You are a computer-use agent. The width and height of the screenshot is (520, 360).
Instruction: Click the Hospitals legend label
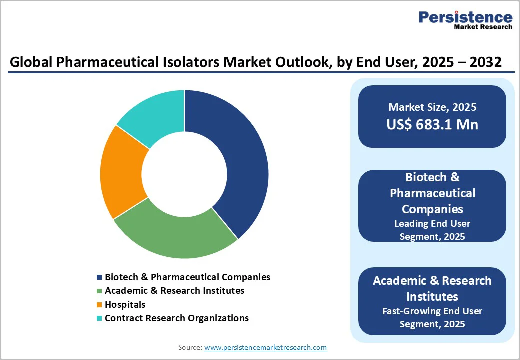pyautogui.click(x=125, y=304)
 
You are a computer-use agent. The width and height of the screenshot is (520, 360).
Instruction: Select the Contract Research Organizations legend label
pyautogui.click(x=176, y=318)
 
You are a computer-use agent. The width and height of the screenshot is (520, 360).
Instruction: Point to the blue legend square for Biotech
pyautogui.click(x=100, y=277)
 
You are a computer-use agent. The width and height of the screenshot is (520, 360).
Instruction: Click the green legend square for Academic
pyautogui.click(x=100, y=291)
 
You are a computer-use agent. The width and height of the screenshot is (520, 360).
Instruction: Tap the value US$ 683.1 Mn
pyautogui.click(x=432, y=124)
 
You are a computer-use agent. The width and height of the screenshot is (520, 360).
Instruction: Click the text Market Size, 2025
pyautogui.click(x=432, y=107)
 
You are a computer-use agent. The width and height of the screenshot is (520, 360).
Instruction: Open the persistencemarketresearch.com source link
pyautogui.click(x=265, y=347)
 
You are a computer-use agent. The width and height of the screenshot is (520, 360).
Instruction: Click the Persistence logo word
pyautogui.click(x=465, y=17)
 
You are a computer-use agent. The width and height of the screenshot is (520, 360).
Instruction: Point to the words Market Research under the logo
pyautogui.click(x=483, y=27)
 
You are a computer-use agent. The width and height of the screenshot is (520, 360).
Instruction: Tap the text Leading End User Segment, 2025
pyautogui.click(x=432, y=230)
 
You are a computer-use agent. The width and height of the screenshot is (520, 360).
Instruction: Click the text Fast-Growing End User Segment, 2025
pyautogui.click(x=432, y=317)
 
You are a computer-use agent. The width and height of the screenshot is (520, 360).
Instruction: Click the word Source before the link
pyautogui.click(x=190, y=347)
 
